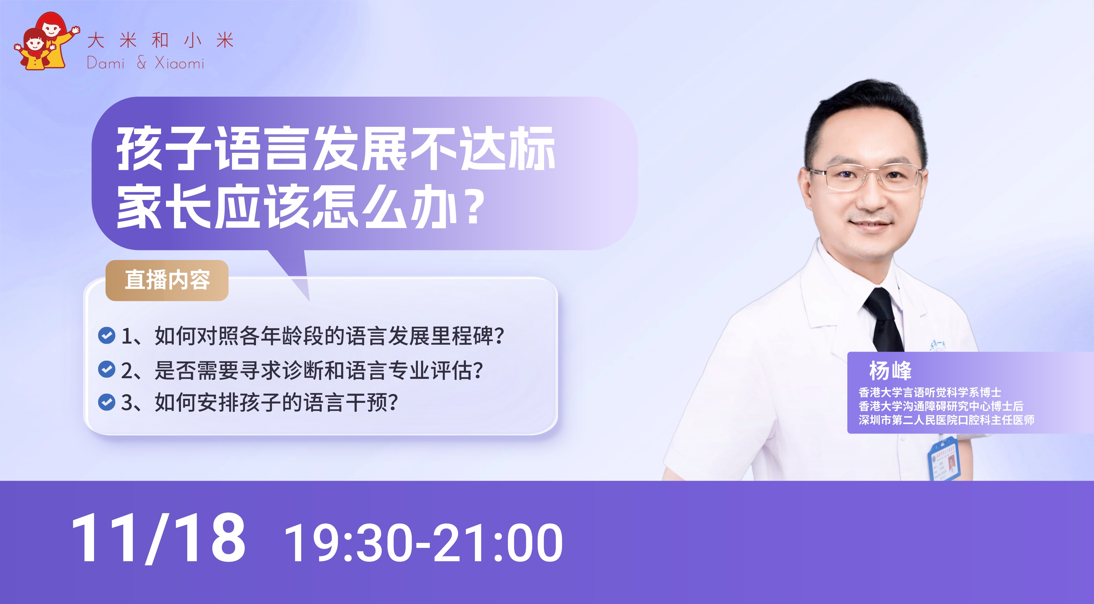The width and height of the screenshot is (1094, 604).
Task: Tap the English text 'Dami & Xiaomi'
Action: [x=145, y=63]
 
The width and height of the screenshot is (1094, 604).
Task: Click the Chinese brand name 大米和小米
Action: [x=160, y=40]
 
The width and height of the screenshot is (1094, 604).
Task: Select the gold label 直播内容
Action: [x=167, y=280]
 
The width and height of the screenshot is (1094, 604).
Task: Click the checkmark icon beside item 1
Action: [x=106, y=335]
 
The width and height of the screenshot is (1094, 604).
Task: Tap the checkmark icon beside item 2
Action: [x=106, y=369]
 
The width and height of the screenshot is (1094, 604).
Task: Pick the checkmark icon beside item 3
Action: [x=106, y=402]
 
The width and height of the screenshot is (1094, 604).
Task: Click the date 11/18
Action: [x=158, y=538]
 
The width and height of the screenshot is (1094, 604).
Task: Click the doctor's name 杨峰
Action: [x=890, y=370]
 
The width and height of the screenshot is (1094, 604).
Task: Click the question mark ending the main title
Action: [x=474, y=207]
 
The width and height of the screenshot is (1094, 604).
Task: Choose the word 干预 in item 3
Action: [x=367, y=402]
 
